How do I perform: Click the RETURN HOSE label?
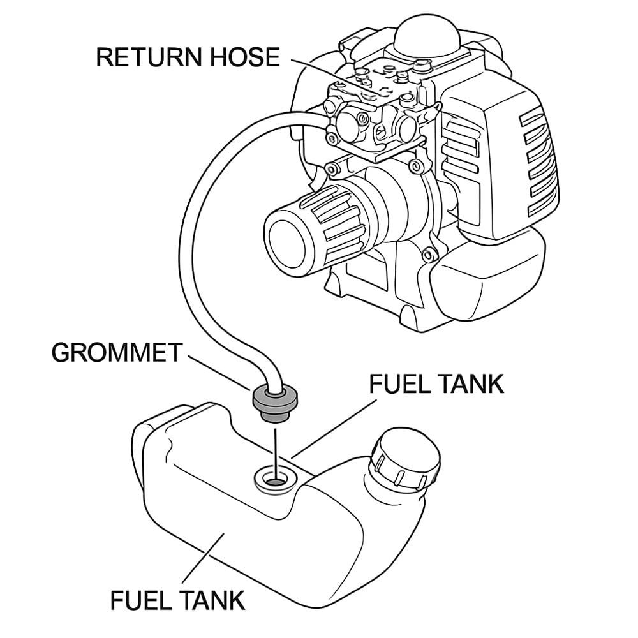[x=188, y=57]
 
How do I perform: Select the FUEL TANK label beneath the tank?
[x=177, y=600]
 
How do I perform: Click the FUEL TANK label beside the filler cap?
[x=437, y=384]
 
